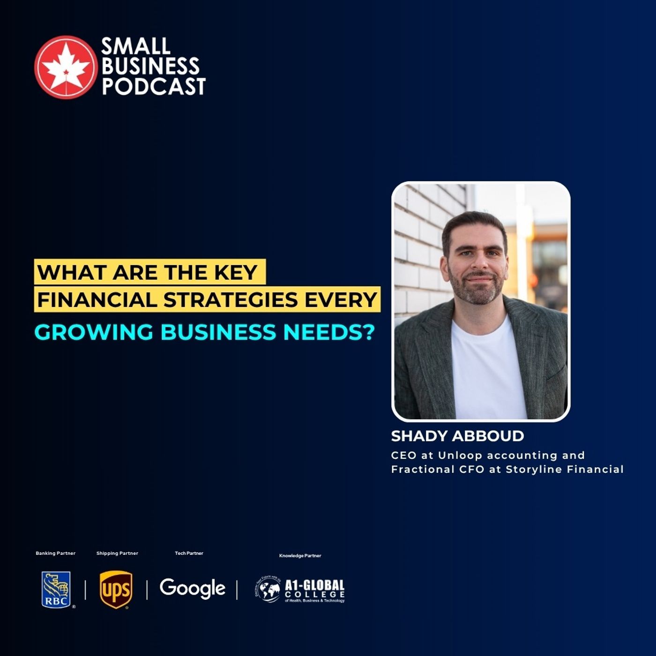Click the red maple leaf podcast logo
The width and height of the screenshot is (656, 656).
66,67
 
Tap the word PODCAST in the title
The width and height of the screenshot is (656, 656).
154,87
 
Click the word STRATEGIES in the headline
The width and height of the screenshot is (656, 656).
230,300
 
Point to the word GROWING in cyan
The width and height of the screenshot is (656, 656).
94,332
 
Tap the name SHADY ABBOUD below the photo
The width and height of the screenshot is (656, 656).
457,436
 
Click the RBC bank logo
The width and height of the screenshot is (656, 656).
56,589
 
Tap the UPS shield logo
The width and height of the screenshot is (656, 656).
116,589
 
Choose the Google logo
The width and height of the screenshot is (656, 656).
192,589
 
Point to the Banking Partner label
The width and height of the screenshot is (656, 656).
56,553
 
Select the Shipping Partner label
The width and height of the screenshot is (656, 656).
117,553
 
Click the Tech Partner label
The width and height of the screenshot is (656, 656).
189,553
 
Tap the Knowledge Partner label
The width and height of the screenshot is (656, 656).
300,556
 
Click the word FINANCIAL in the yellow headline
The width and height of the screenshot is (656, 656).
97,300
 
